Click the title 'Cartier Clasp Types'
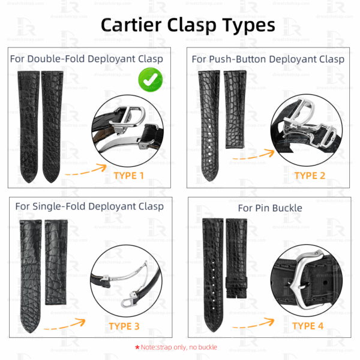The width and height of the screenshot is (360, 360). click(x=187, y=25)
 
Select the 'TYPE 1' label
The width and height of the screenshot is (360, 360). click(x=129, y=176)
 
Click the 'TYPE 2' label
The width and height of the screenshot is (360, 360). click(x=310, y=175)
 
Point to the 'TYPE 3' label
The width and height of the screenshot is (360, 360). click(x=124, y=326)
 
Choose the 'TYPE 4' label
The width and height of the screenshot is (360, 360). click(x=308, y=326)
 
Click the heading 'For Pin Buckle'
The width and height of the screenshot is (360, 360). click(x=270, y=208)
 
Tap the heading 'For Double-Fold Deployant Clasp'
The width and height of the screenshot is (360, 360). click(x=86, y=59)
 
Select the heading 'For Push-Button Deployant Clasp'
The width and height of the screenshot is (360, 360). click(x=268, y=59)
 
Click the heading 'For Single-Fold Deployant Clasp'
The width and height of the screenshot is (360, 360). click(x=89, y=206)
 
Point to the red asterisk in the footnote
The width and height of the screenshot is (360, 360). click(x=137, y=347)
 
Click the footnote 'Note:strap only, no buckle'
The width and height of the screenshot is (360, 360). click(x=179, y=347)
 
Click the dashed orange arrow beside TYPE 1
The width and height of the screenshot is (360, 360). click(x=85, y=173)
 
